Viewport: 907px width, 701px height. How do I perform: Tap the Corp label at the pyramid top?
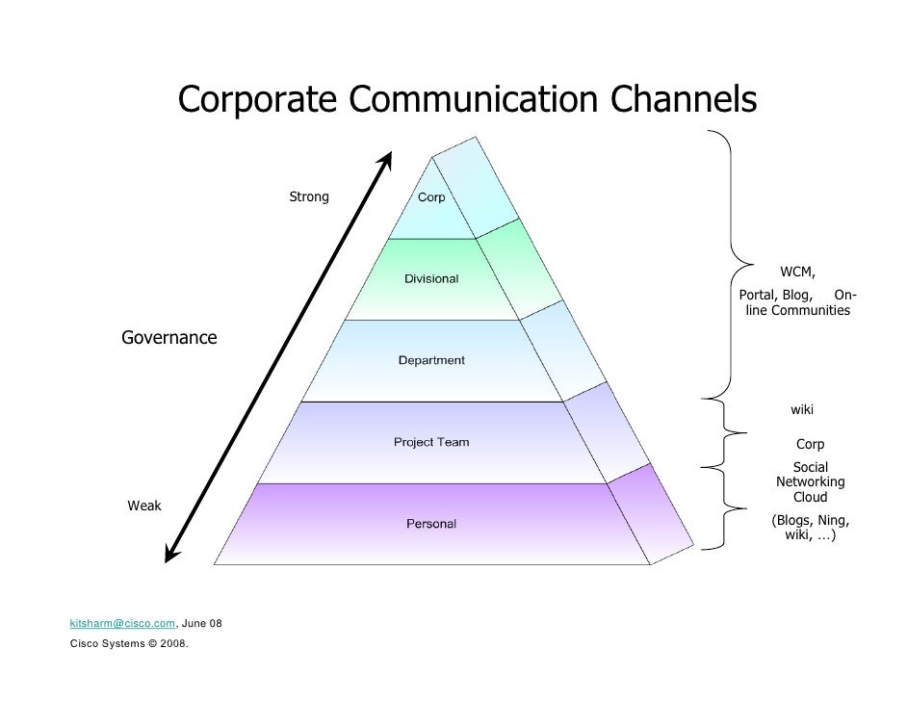[430, 197]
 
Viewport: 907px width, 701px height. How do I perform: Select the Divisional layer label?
[430, 279]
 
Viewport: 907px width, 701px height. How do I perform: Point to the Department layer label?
[431, 360]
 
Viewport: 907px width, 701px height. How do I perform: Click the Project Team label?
[431, 442]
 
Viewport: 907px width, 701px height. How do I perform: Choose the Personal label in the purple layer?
[430, 524]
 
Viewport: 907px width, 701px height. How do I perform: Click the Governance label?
[168, 338]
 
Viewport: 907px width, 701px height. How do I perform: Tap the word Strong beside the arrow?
[309, 197]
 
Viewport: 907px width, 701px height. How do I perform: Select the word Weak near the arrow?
[145, 506]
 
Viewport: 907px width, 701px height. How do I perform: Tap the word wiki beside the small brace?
[802, 410]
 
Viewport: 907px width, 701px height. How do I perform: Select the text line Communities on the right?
[809, 311]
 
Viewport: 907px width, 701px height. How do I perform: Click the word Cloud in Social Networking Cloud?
[810, 498]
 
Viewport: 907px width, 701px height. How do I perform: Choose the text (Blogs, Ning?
[810, 520]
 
